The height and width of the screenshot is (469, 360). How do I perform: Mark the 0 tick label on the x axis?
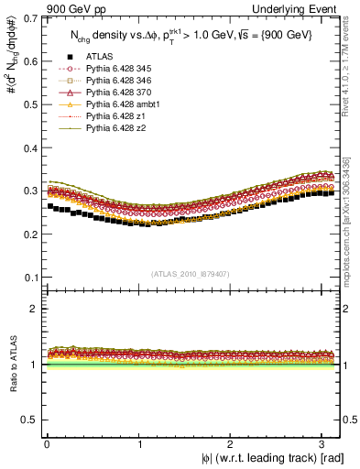pyautogui.click(x=46, y=444)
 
